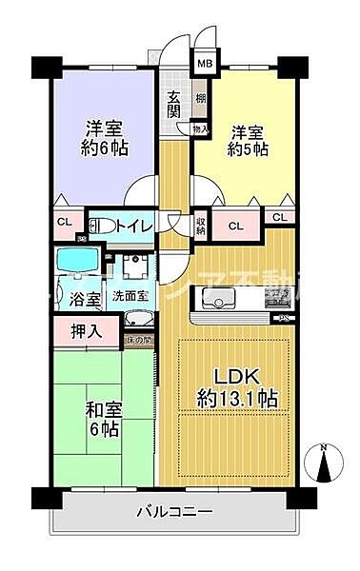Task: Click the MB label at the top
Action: click(x=204, y=65)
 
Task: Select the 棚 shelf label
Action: click(x=201, y=98)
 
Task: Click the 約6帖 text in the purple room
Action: click(x=105, y=148)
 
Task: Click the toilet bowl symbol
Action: click(x=96, y=226)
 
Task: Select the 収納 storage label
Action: click(x=201, y=226)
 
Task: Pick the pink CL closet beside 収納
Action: click(x=235, y=226)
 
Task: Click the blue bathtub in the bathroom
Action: click(x=72, y=263)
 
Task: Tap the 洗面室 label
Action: click(x=130, y=296)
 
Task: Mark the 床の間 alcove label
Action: click(x=139, y=340)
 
